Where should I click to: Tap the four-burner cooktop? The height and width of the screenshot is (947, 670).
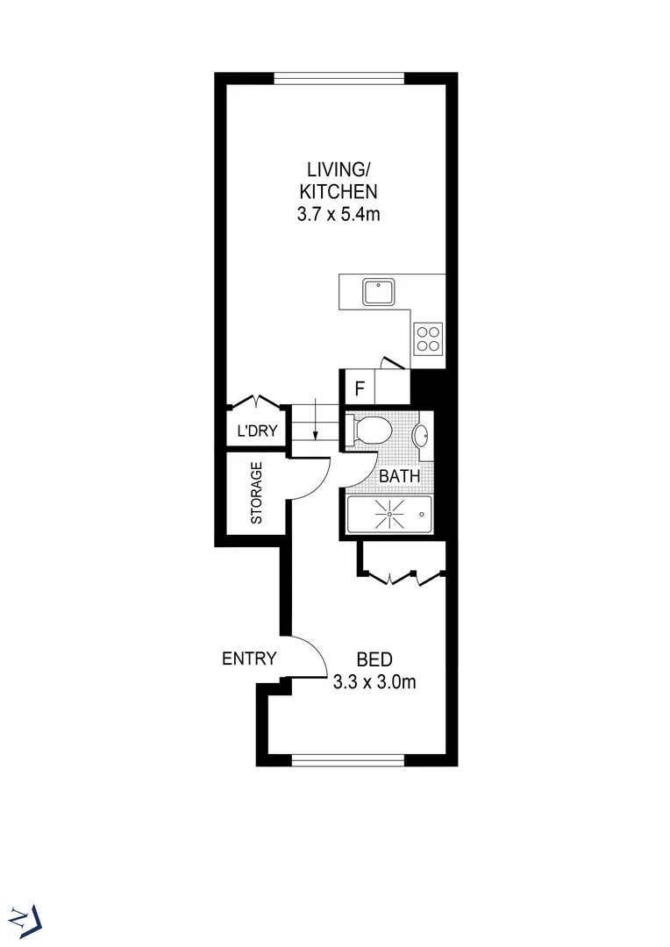[x=429, y=338]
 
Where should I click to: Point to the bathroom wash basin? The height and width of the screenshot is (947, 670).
[x=421, y=434]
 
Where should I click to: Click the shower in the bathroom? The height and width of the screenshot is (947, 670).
[x=388, y=515]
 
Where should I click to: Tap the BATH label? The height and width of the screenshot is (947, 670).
[x=399, y=476]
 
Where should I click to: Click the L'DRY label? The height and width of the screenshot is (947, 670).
[x=258, y=431]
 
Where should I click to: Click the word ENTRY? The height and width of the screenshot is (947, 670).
[x=249, y=659]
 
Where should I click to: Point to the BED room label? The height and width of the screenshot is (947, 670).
[x=374, y=659]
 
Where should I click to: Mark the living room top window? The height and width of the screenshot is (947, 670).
[x=339, y=78]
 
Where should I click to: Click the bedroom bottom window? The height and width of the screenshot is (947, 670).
[x=348, y=759]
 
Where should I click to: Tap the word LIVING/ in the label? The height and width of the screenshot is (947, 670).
[x=338, y=168]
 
